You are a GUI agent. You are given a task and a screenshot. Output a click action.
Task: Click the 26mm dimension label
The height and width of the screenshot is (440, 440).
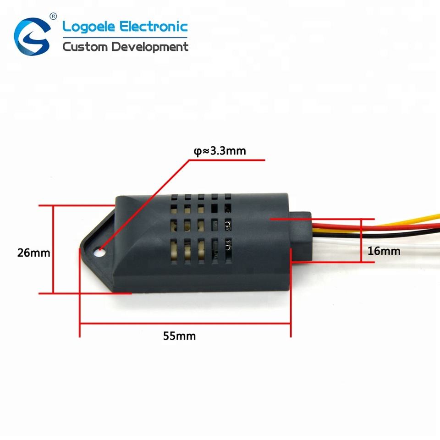pyautogui.click(x=33, y=252)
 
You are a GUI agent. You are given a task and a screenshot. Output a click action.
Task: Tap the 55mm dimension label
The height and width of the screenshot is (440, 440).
pyautogui.click(x=179, y=336)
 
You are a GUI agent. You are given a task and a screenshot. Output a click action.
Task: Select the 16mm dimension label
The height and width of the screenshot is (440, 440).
pyautogui.click(x=384, y=251)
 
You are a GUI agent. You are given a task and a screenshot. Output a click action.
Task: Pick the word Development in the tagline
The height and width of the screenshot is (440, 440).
pyautogui.click(x=150, y=47)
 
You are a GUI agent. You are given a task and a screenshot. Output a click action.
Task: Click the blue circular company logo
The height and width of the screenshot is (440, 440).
pyautogui.click(x=31, y=36)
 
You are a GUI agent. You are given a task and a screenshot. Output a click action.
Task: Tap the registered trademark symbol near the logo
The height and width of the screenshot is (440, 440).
pyautogui.click(x=53, y=16)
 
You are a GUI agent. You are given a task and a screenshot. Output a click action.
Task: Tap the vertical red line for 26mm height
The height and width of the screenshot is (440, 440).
pyautogui.click(x=54, y=249)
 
